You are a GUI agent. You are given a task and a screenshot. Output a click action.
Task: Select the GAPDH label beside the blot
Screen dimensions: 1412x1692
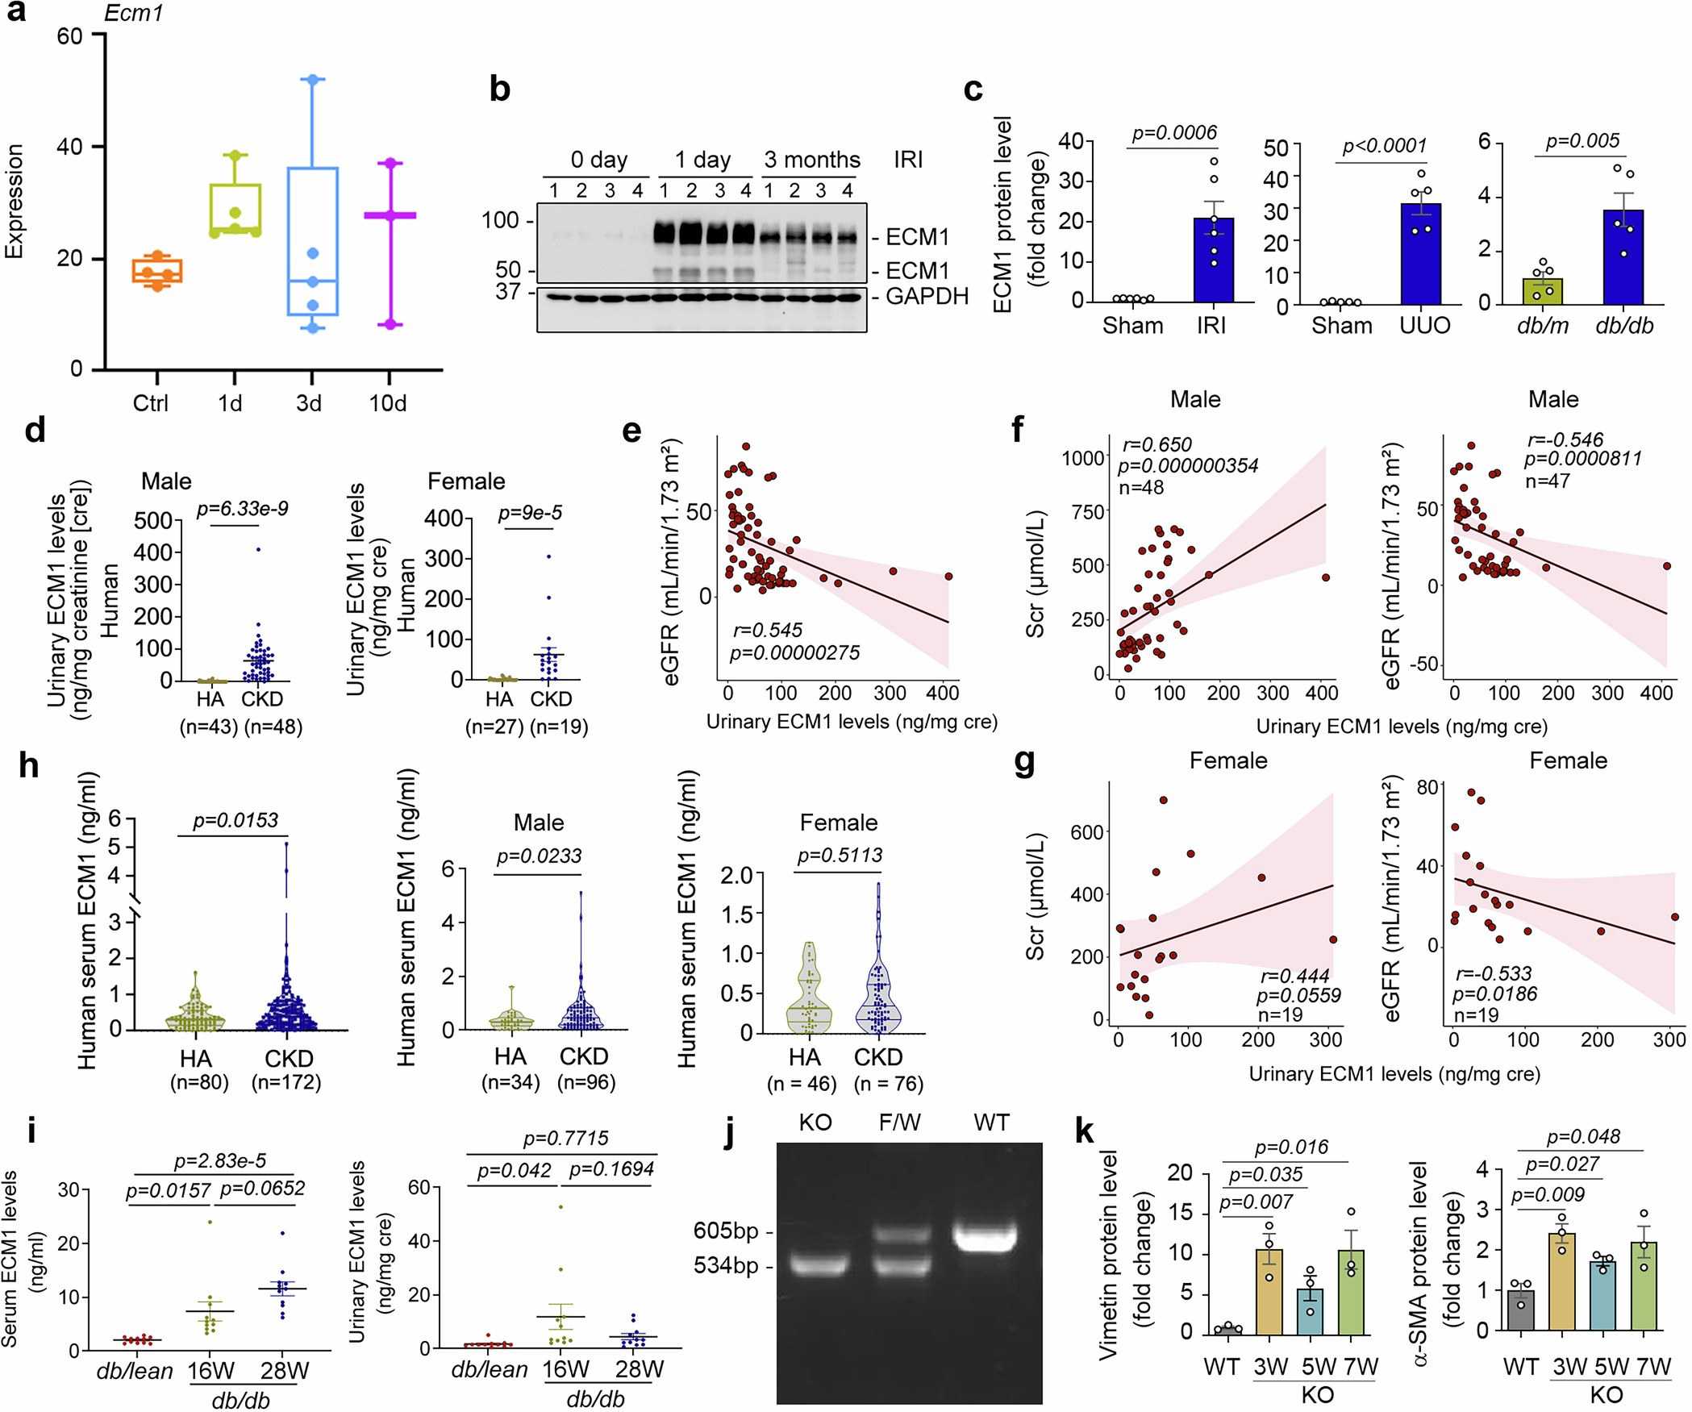pos(927,297)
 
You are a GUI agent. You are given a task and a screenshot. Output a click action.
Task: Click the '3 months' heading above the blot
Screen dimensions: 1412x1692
pos(812,160)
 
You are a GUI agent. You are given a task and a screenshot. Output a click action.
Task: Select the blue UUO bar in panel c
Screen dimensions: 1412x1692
pos(1420,254)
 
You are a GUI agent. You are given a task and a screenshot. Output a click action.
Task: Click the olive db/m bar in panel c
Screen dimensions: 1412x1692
pos(1542,291)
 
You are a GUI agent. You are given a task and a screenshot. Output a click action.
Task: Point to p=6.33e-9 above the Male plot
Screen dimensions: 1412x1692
pos(243,509)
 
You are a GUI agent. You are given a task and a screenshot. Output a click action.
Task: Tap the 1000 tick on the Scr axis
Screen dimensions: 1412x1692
pos(1082,458)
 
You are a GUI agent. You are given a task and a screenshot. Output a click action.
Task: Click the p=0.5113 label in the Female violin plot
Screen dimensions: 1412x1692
pos(840,855)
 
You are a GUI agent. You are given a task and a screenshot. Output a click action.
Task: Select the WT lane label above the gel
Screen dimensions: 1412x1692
pos(990,1123)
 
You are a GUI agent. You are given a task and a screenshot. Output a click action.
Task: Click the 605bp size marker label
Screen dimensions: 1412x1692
pos(725,1231)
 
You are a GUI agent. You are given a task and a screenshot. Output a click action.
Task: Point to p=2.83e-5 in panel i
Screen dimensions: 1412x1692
pos(219,1160)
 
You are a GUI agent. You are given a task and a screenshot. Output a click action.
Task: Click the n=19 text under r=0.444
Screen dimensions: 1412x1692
pos(1280,1014)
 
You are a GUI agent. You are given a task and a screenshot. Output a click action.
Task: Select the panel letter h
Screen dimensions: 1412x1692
pos(29,765)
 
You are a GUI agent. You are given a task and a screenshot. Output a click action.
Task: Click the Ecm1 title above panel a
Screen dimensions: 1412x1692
pos(134,14)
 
